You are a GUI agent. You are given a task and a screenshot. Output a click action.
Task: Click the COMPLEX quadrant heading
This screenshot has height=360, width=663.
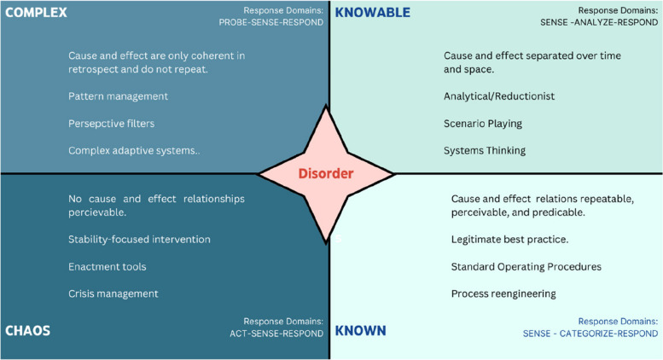pyautogui.click(x=37, y=13)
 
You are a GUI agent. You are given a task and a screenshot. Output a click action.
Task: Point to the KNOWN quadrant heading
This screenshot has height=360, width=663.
pyautogui.click(x=361, y=329)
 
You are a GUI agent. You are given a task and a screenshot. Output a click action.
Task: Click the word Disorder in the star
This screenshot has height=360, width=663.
pyautogui.click(x=325, y=174)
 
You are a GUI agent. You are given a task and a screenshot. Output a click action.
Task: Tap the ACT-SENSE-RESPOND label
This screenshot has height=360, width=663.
pyautogui.click(x=277, y=334)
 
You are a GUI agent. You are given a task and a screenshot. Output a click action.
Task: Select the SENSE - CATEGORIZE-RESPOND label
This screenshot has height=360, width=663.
pyautogui.click(x=590, y=334)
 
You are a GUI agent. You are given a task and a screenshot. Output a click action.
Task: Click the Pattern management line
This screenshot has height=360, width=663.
pyautogui.click(x=118, y=96)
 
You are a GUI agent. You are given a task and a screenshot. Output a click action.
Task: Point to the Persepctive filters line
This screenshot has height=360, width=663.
pyautogui.click(x=112, y=123)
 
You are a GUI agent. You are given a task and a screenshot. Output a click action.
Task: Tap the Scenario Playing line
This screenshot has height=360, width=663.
pyautogui.click(x=483, y=123)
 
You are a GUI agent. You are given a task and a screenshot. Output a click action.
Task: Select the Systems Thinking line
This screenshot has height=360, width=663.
pyautogui.click(x=485, y=150)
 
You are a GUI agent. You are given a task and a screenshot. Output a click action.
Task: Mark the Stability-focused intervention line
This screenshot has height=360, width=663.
pyautogui.click(x=139, y=239)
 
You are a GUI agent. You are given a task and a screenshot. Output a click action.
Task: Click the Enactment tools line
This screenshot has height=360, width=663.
pyautogui.click(x=108, y=266)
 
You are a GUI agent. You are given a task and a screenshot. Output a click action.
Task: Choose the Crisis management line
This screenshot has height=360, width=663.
pyautogui.click(x=113, y=293)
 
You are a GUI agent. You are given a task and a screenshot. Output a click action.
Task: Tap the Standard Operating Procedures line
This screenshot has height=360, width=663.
pyautogui.click(x=526, y=266)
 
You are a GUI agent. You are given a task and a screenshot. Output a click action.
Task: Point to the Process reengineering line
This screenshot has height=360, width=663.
pyautogui.click(x=503, y=293)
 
